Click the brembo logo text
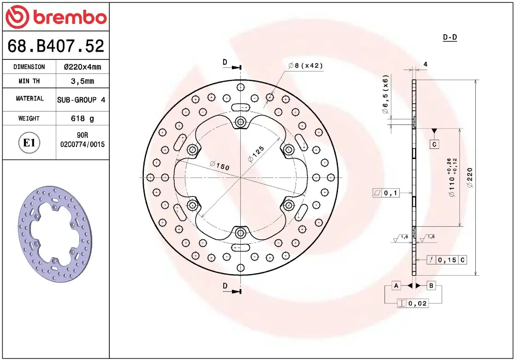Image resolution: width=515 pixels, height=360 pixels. tap(69, 18)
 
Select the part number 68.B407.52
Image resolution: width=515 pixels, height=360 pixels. tap(56, 46)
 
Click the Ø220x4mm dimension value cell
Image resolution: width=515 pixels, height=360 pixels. tap(82, 67)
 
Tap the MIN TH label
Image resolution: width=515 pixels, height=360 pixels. tap(29, 81)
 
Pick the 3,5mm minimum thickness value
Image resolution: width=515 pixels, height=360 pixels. tap(82, 81)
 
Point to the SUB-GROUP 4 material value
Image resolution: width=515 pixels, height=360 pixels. tap(82, 100)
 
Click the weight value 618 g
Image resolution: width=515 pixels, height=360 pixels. tap(82, 118)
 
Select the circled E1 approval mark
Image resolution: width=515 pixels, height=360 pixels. tap(29, 143)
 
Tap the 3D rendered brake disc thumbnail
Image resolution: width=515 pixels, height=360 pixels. tap(55, 234)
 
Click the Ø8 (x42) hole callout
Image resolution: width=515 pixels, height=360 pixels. tap(305, 66)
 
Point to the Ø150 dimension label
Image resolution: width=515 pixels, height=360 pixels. tap(219, 165)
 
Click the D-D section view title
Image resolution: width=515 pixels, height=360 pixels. tap(450, 37)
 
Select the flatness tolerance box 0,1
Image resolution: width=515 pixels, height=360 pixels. tap(386, 193)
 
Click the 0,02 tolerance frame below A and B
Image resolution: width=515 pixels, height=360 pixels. tap(413, 303)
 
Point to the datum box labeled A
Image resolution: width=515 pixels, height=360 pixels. tap(396, 286)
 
